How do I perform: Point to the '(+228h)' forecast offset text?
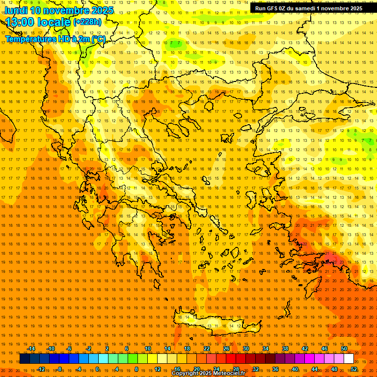coord(87,22)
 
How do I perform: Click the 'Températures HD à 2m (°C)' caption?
coord(55,39)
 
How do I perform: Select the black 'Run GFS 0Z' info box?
coord(309,8)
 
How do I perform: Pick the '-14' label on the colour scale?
coord(31,349)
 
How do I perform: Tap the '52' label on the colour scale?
coord(354,369)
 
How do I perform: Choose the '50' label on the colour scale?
coord(344,349)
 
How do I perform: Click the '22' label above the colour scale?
coord(207,349)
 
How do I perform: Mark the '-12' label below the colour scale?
coord(41,369)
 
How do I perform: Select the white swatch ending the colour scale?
coord(349,359)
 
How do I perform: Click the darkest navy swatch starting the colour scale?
coord(25,359)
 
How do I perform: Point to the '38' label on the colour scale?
coord(285,349)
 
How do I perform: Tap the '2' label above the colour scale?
coord(107,349)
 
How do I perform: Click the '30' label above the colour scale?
coord(246,349)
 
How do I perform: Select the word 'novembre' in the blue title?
coord(65,10)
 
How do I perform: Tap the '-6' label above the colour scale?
coord(69,349)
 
